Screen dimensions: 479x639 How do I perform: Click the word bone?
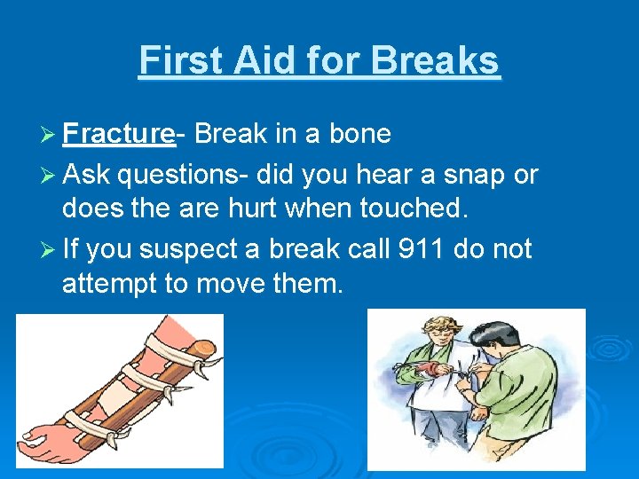click(360, 134)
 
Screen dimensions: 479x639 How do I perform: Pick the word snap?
click(477, 175)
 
